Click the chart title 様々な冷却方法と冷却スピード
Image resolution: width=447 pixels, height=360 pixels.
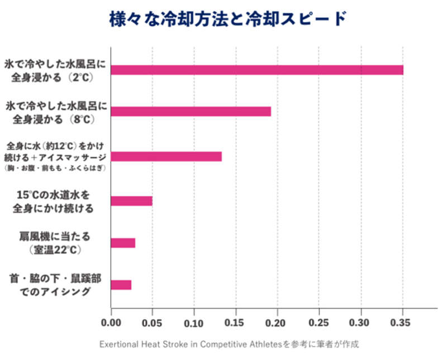tap(223, 18)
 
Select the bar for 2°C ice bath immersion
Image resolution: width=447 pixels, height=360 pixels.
tap(257, 70)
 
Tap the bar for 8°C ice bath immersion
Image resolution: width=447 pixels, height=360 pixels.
tap(191, 111)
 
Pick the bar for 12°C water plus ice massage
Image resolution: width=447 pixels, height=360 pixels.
tap(167, 156)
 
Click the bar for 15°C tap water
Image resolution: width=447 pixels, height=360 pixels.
tap(132, 201)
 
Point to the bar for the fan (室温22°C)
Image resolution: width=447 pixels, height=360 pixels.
tap(123, 243)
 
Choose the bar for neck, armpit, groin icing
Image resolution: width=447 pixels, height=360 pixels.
tap(121, 285)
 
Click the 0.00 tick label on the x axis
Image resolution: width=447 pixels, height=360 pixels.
tap(111, 323)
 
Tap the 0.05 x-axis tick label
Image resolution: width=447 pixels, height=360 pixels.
tap(153, 323)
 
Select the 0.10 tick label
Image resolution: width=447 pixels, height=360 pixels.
tap(194, 323)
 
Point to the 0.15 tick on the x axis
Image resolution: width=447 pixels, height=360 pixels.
tap(236, 323)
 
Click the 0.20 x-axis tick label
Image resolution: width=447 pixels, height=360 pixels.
tap(278, 323)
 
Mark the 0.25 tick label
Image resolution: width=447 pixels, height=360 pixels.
tap(319, 323)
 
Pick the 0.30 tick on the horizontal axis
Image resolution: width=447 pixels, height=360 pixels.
tap(361, 323)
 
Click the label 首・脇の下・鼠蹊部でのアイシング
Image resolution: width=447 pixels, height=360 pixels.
tap(55, 284)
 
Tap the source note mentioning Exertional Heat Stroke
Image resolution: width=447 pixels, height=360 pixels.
tap(229, 344)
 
